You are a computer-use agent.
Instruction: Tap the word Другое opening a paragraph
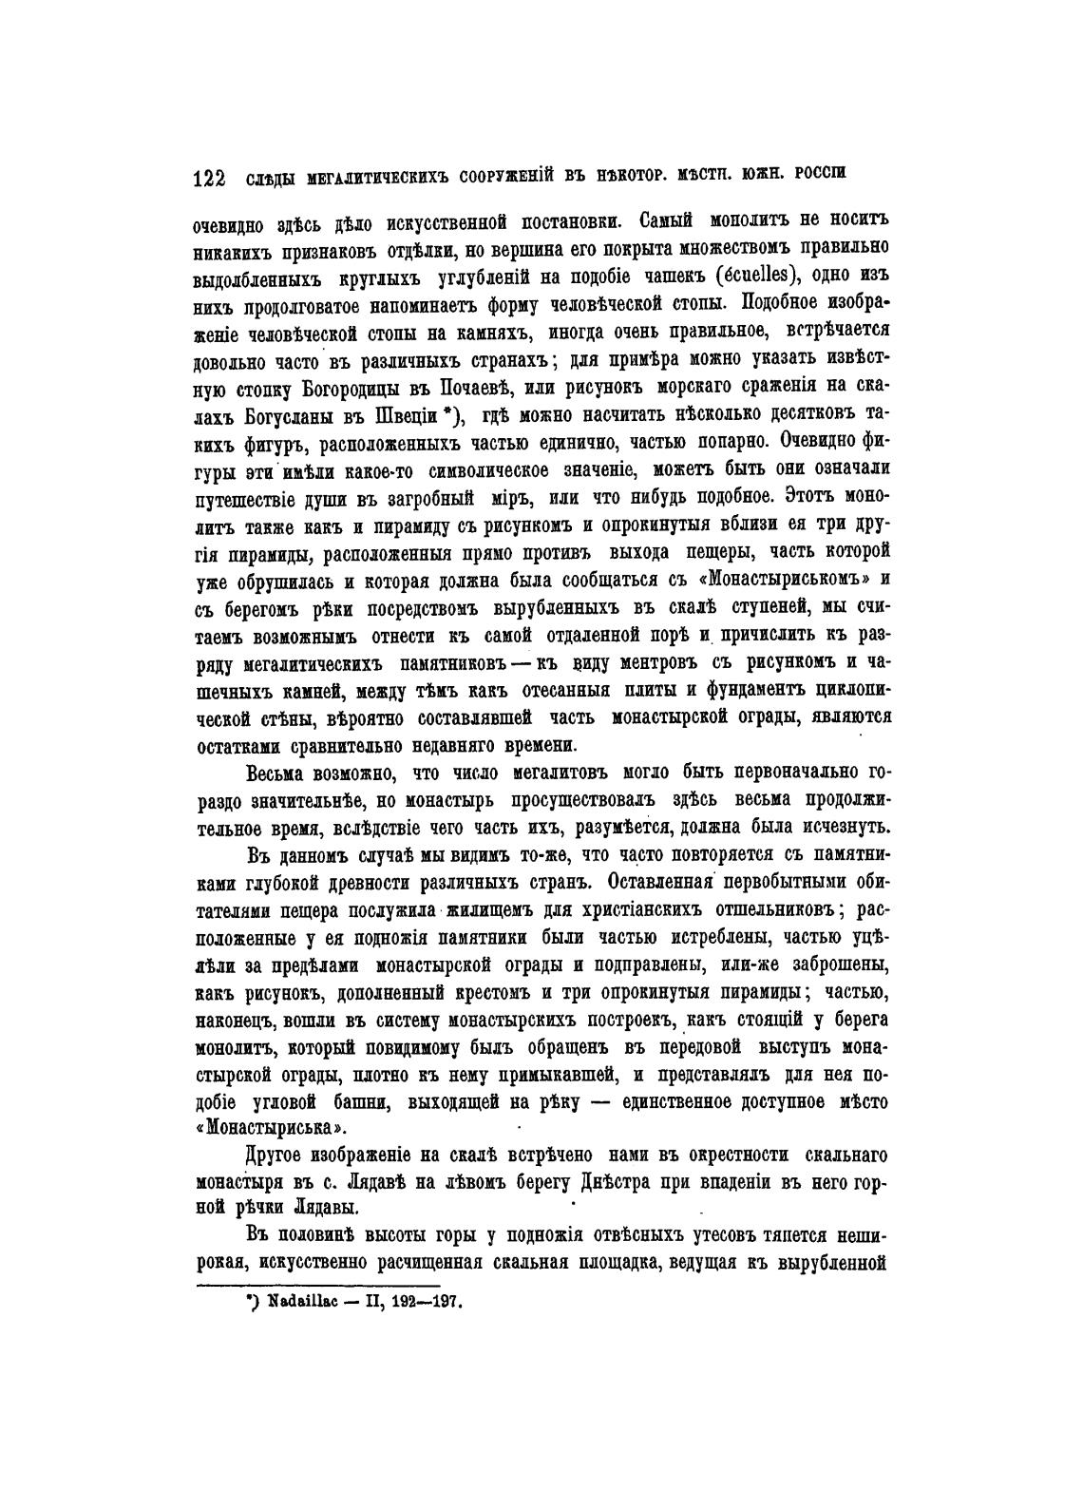click(x=276, y=1156)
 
